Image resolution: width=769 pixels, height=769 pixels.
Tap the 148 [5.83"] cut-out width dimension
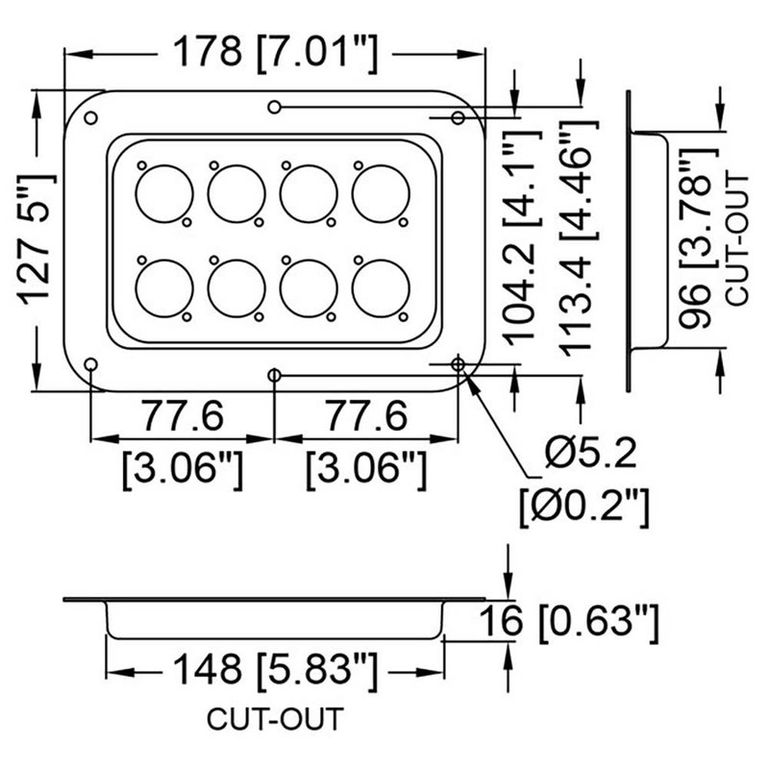tap(274, 666)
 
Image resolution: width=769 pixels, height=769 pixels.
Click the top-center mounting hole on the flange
tap(275, 106)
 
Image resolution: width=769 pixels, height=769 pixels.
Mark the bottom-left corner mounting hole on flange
tap(90, 365)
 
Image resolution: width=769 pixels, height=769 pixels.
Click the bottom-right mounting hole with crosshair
tap(459, 364)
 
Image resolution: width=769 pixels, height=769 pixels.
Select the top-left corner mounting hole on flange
tap(91, 117)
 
